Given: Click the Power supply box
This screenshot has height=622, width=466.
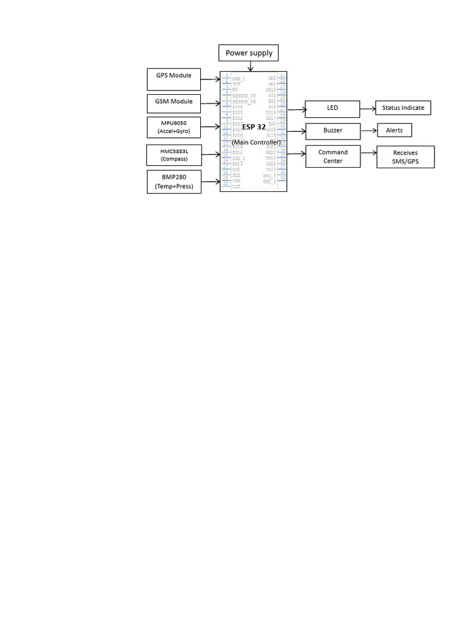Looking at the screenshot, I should pyautogui.click(x=249, y=53).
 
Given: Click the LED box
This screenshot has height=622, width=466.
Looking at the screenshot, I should pyautogui.click(x=333, y=109).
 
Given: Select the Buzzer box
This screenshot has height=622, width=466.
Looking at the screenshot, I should pyautogui.click(x=333, y=131).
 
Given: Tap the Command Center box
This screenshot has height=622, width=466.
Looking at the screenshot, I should pyautogui.click(x=333, y=157).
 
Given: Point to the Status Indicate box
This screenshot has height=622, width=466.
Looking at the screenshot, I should pyautogui.click(x=403, y=108).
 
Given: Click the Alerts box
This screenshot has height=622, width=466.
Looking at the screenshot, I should pyautogui.click(x=394, y=131).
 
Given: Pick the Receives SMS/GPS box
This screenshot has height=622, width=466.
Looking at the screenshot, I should pyautogui.click(x=405, y=157).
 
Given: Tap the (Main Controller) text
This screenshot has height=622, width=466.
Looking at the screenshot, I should pyautogui.click(x=256, y=142).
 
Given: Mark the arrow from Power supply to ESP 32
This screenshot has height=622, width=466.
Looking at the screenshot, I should pyautogui.click(x=250, y=66).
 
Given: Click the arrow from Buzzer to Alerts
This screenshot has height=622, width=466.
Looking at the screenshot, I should pyautogui.click(x=368, y=131).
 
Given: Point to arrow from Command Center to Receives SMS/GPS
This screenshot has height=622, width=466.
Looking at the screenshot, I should pyautogui.click(x=368, y=153).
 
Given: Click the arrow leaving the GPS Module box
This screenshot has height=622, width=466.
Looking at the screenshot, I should pyautogui.click(x=211, y=79).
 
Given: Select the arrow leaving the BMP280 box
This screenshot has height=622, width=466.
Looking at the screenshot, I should pyautogui.click(x=211, y=181).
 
